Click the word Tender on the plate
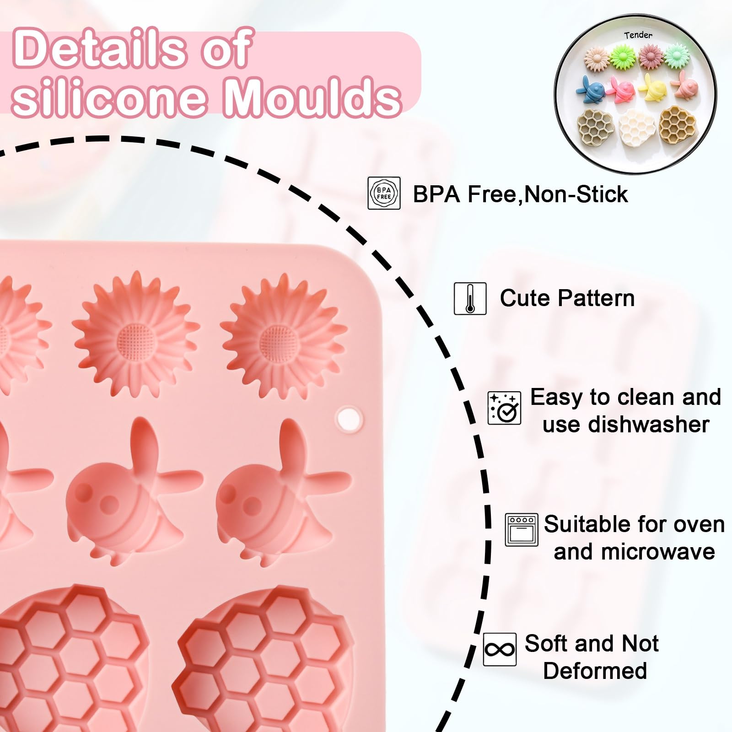point(638,35)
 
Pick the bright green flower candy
point(623,58)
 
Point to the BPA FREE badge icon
point(384,193)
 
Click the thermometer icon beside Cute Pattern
point(470,298)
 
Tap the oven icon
point(522,530)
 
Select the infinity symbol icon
point(500,649)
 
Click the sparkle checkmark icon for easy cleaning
point(504,408)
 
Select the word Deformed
point(595,671)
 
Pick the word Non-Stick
point(576,194)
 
